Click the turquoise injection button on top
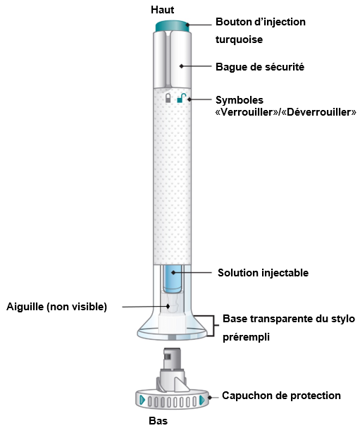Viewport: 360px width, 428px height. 173,26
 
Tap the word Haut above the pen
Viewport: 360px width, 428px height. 162,10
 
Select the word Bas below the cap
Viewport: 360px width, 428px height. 159,421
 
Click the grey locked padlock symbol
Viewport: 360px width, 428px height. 168,98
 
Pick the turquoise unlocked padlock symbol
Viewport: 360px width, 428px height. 181,98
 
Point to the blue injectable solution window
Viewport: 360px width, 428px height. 173,279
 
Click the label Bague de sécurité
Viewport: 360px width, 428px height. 260,67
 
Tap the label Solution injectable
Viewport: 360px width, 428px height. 263,273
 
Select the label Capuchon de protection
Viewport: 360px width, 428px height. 281,396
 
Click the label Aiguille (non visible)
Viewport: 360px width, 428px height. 57,307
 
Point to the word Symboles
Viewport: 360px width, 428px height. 240,100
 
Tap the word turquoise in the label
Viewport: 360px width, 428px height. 240,39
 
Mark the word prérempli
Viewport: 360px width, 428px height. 246,337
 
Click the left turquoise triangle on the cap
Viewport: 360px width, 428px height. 142,401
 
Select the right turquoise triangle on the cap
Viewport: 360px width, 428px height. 202,401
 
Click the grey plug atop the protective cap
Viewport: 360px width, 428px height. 171,359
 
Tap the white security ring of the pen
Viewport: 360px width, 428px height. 173,59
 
